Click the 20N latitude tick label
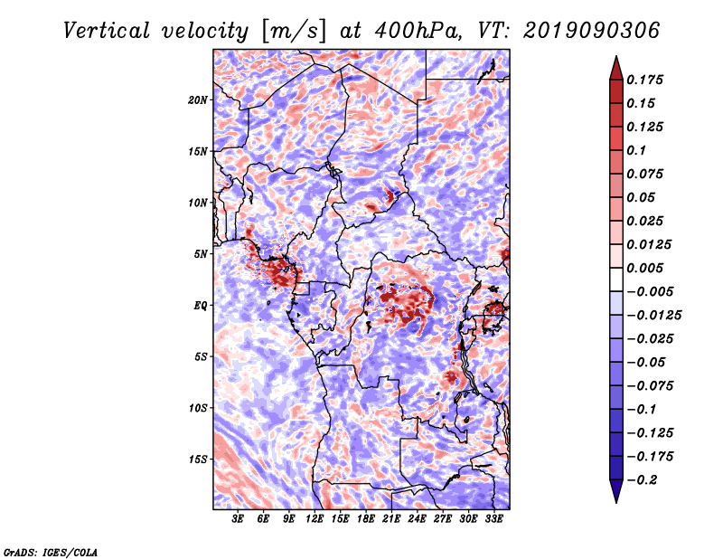point(198,100)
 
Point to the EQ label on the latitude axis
point(200,306)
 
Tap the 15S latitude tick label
point(198,460)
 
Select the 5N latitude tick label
point(201,254)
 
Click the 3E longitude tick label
point(238,519)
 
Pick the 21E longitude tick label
point(391,519)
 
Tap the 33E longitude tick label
point(493,519)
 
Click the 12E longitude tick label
point(315,519)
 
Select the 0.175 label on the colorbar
point(645,80)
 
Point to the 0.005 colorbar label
point(645,268)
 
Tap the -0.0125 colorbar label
point(654,316)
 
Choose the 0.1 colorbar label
point(636,150)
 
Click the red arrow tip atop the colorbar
point(616,57)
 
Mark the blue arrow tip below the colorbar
point(616,502)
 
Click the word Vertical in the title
point(107,31)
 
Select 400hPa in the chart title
point(418,31)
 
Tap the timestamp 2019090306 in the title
point(592,31)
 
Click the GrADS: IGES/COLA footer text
point(51,552)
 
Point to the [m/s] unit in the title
point(294,32)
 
